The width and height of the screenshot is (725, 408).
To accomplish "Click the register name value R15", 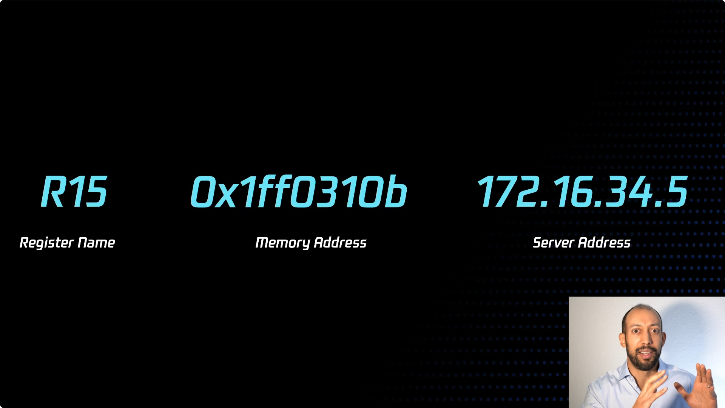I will (74, 192).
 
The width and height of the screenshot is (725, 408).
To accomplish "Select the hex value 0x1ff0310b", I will (299, 192).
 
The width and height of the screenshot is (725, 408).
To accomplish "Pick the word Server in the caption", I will (553, 243).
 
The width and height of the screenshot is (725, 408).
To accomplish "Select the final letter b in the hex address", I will (396, 192).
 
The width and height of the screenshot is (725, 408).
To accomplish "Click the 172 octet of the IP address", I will (508, 192).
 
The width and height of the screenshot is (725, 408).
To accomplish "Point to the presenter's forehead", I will (642, 321).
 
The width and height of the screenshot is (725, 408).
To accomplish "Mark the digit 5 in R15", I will (96, 192).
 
